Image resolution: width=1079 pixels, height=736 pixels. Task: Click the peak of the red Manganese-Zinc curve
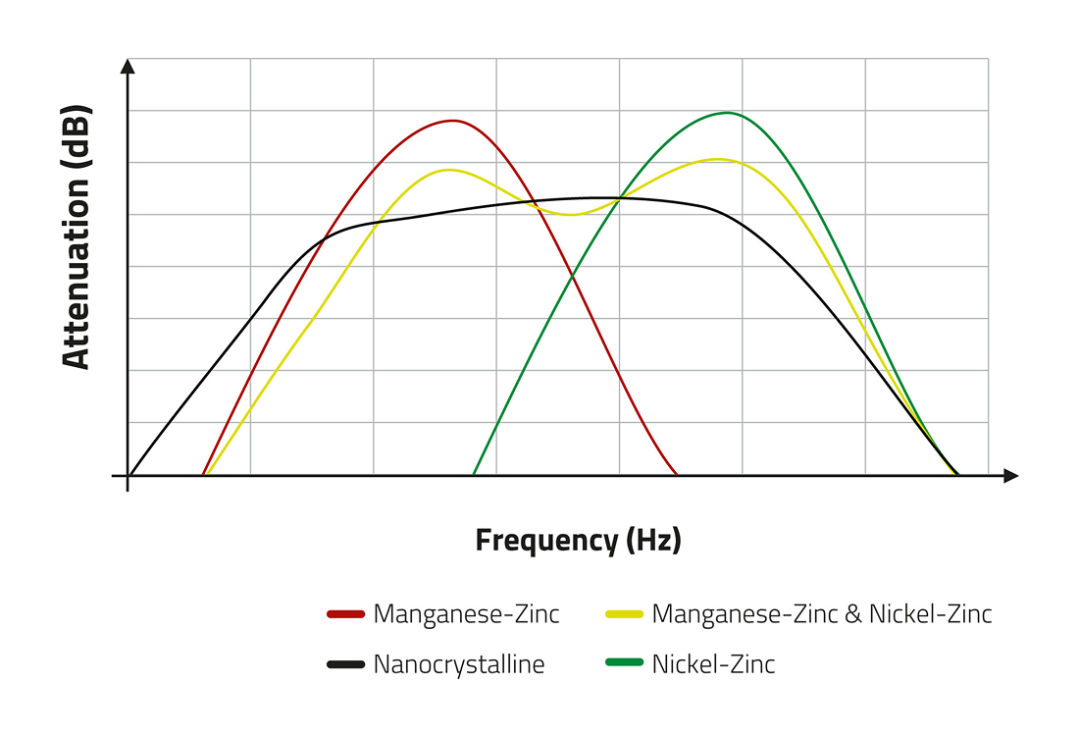(x=452, y=121)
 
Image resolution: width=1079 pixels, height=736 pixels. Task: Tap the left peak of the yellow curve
(x=449, y=170)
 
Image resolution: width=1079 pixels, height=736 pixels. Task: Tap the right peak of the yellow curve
(x=719, y=159)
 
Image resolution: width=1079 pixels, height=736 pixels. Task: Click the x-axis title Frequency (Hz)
(x=578, y=540)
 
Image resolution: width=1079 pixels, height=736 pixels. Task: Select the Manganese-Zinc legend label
(x=466, y=614)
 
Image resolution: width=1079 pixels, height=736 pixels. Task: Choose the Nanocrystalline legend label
(x=458, y=664)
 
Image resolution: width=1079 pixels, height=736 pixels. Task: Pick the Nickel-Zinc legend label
(x=713, y=664)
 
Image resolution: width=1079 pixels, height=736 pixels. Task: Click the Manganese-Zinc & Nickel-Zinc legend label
(x=822, y=614)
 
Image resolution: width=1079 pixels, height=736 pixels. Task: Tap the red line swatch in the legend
(x=345, y=615)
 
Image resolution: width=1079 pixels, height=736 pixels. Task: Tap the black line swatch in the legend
(x=345, y=664)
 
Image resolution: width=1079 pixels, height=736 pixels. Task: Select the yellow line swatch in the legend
(x=624, y=615)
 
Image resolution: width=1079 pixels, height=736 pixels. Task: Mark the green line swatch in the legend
(x=624, y=664)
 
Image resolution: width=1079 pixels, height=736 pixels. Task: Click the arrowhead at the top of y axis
(x=128, y=66)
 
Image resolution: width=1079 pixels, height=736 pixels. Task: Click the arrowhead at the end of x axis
(x=1011, y=476)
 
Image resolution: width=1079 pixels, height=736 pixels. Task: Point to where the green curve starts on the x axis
(x=474, y=475)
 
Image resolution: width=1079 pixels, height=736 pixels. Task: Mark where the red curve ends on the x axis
(x=677, y=475)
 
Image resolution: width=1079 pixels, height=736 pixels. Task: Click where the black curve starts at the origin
(x=129, y=475)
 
